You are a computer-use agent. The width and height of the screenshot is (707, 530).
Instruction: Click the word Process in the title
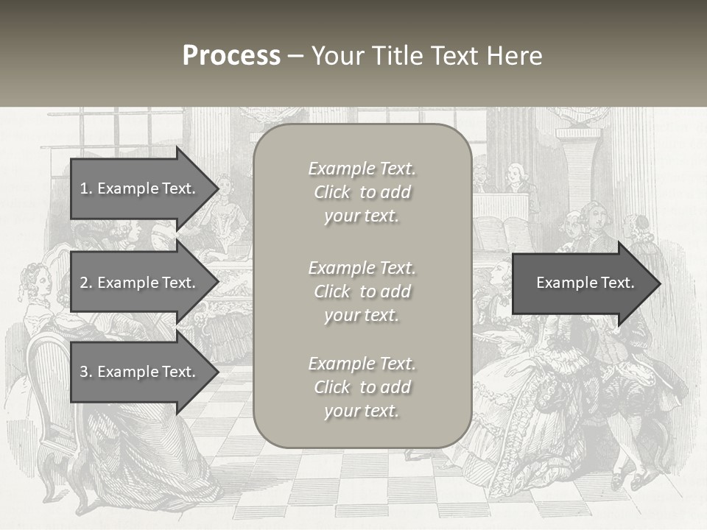[x=231, y=56]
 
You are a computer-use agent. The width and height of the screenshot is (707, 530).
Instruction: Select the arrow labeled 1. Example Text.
[x=140, y=188]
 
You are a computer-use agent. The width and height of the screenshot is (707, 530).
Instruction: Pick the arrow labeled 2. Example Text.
[x=140, y=283]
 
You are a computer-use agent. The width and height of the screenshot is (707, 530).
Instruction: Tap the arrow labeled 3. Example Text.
[x=140, y=372]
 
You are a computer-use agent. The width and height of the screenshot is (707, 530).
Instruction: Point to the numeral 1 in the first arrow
[x=84, y=188]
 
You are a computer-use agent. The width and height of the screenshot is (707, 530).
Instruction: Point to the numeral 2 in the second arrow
[x=84, y=283]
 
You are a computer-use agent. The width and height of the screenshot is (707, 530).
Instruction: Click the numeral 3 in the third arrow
[x=84, y=372]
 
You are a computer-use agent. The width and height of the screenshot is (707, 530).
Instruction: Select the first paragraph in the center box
[x=362, y=192]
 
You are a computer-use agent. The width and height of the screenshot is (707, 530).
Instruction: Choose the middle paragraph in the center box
[x=362, y=291]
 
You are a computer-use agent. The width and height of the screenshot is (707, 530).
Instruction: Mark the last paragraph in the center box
[x=362, y=387]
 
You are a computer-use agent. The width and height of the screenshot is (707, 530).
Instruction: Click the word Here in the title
[x=516, y=56]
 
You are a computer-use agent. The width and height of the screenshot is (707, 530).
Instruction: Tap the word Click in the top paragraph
[x=332, y=193]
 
